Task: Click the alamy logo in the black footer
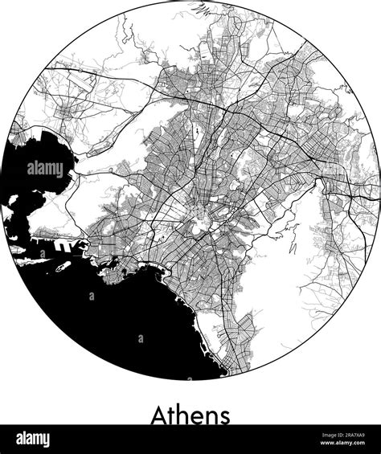pyautogui.click(x=28, y=439)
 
